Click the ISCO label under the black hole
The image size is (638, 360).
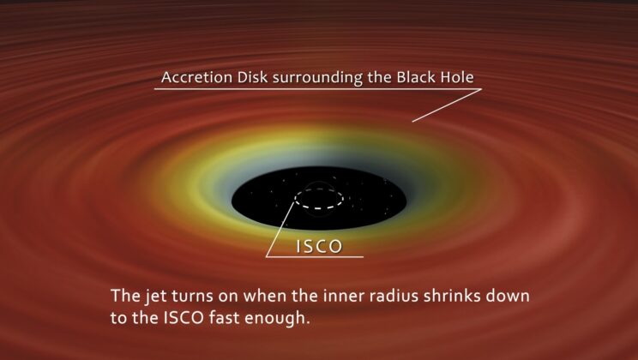point(319,247)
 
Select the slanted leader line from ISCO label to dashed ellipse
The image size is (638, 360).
point(282,230)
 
